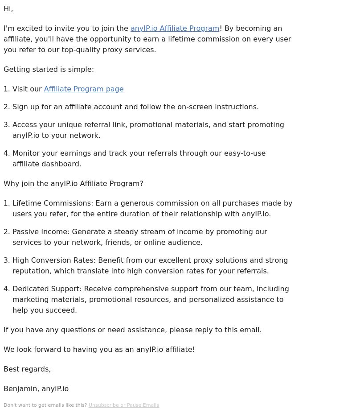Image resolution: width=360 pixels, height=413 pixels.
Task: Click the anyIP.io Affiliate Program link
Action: (x=175, y=28)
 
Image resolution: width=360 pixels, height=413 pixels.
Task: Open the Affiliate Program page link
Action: (x=84, y=89)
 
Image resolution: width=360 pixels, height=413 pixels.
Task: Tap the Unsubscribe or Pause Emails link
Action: (x=123, y=405)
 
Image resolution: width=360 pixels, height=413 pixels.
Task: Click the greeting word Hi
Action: (x=8, y=8)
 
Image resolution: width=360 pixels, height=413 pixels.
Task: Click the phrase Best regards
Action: (x=27, y=369)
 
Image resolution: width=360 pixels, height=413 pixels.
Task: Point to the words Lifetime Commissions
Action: (x=52, y=203)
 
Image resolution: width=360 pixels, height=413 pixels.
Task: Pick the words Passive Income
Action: (x=41, y=231)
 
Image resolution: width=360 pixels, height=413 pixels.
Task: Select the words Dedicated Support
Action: (x=46, y=289)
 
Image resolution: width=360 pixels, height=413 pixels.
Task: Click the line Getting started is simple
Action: (x=49, y=69)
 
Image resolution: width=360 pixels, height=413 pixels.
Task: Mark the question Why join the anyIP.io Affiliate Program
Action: (x=74, y=183)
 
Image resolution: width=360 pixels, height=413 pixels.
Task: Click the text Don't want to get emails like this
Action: (x=45, y=405)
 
